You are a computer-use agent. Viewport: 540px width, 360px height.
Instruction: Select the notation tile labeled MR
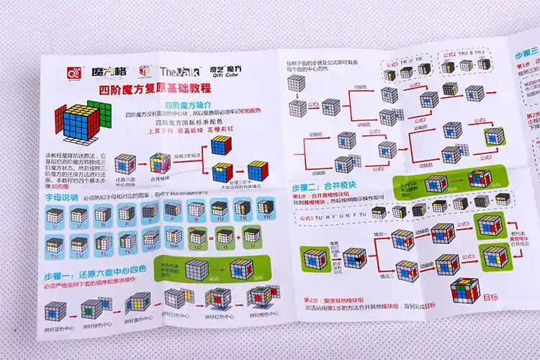click(175, 235)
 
